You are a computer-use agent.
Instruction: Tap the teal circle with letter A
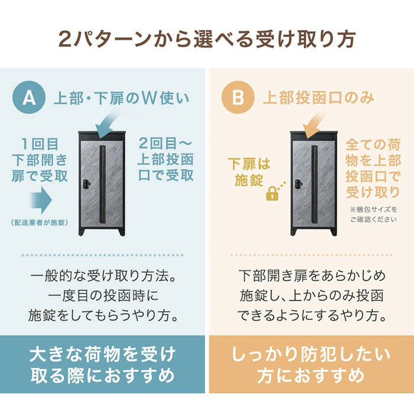coord(29,98)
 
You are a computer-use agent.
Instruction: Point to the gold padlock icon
coord(272,193)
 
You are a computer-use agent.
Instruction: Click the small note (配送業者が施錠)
coord(38,223)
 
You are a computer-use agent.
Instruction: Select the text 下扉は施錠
coord(249,172)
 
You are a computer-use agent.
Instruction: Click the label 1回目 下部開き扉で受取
coord(40,159)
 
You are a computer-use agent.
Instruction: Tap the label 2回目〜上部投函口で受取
coord(166,159)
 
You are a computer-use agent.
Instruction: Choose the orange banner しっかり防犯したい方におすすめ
coord(311,365)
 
